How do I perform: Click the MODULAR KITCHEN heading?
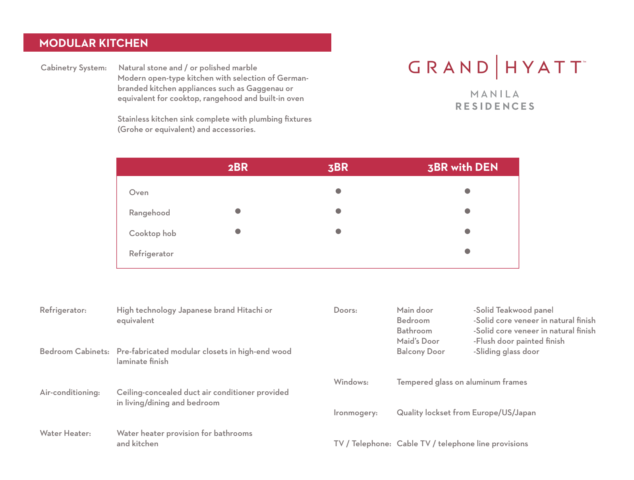pos(94,43)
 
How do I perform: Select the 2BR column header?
pos(238,167)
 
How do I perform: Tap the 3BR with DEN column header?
pos(462,167)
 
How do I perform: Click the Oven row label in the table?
pos(139,193)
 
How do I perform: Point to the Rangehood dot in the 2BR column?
pos(238,211)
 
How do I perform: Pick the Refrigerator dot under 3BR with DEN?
pos(468,251)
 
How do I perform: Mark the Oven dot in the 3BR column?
pos(338,191)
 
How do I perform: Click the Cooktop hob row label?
pos(153,234)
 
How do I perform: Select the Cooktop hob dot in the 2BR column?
pos(238,231)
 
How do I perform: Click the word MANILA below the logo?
pos(495,94)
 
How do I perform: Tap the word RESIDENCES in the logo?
pos(495,106)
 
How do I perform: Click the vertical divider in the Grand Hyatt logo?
pos(497,67)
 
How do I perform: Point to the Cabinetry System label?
pos(73,68)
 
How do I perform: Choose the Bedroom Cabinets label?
pos(74,352)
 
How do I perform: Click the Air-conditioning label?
pos(70,393)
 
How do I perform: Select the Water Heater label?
pos(66,434)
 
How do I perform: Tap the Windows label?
pos(351,382)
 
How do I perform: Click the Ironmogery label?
pos(356,413)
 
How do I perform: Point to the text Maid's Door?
pos(418,341)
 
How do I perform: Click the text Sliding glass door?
pos(507,352)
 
